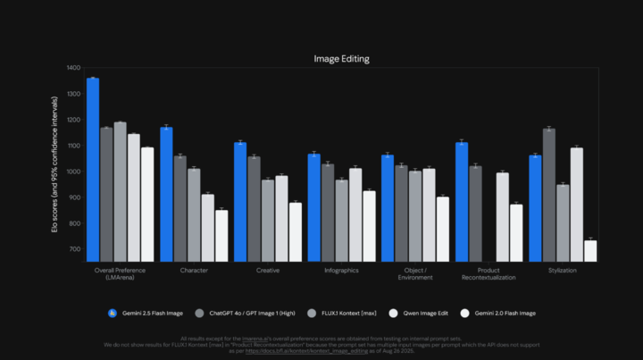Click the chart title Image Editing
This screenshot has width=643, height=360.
[341, 59]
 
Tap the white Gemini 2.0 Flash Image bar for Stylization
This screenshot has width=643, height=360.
[590, 251]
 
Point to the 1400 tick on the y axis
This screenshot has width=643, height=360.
[73, 68]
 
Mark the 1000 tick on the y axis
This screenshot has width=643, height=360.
[73, 172]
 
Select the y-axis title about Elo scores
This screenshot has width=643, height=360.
[55, 165]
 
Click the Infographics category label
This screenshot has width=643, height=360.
[340, 270]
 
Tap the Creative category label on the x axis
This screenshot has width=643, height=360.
[267, 270]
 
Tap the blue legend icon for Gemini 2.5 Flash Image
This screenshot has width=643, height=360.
[113, 313]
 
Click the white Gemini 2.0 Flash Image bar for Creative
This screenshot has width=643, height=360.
[296, 231]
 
